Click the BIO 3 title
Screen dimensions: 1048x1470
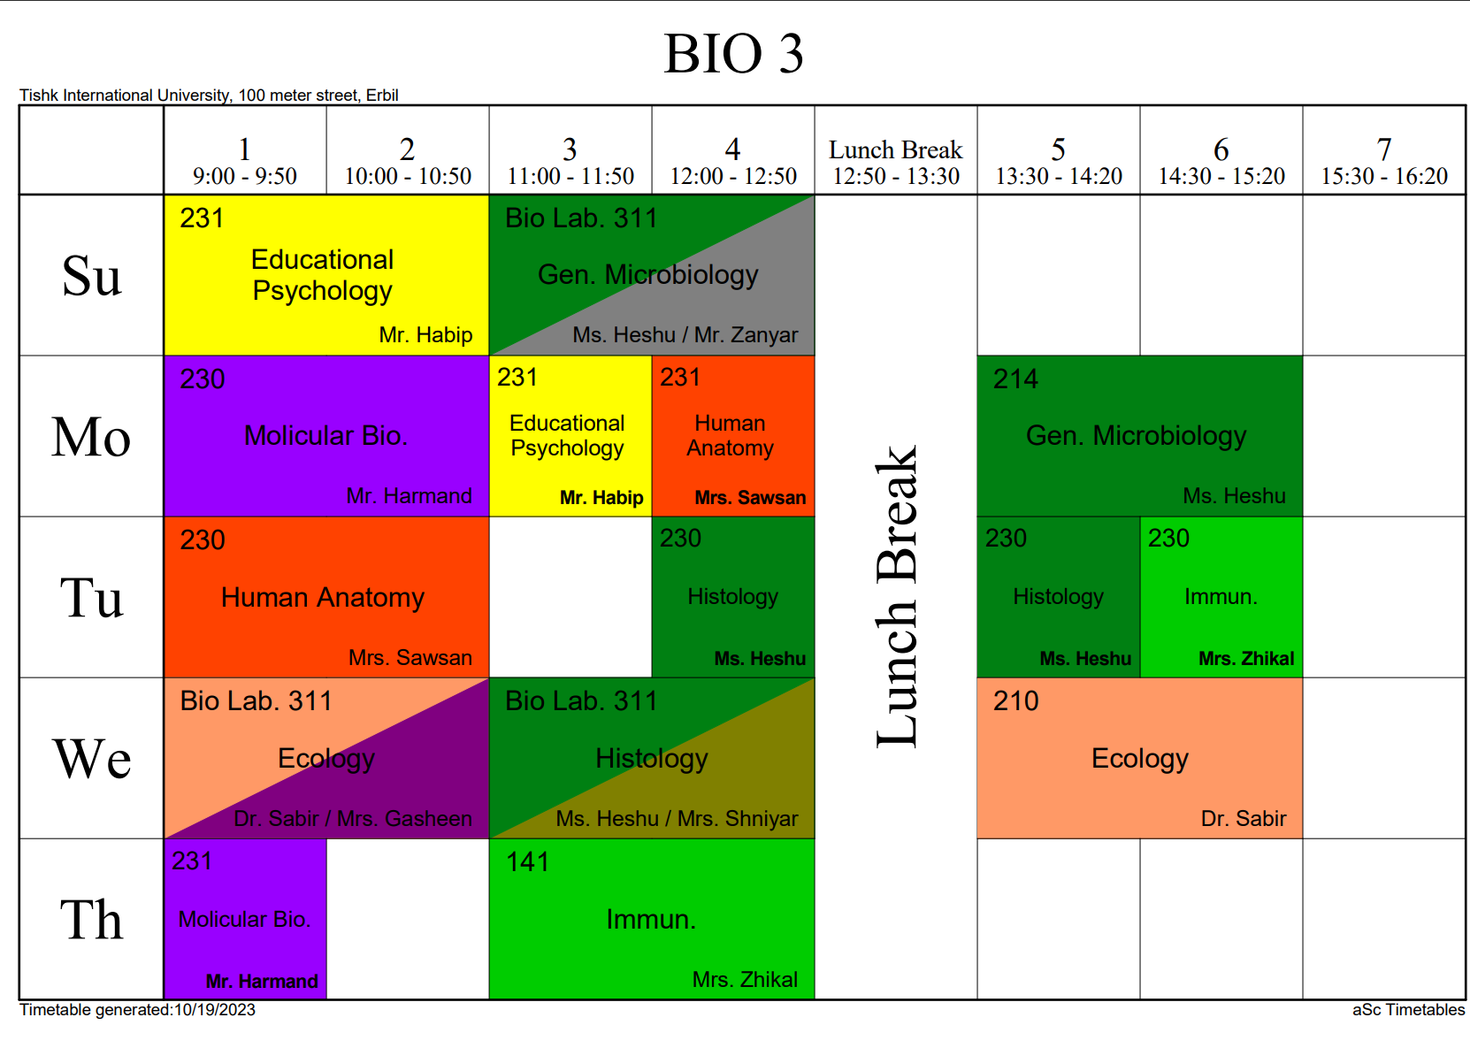tap(733, 54)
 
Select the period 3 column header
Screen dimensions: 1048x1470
tap(570, 161)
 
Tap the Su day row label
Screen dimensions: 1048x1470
tap(91, 276)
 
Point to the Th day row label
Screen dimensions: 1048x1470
tap(91, 920)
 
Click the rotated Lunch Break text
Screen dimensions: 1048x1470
tap(897, 597)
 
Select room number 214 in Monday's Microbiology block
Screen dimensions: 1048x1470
tap(1015, 379)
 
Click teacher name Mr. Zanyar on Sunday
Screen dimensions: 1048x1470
tap(746, 335)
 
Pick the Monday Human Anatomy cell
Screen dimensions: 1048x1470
tap(732, 436)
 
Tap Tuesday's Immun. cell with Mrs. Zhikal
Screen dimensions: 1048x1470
tap(1221, 597)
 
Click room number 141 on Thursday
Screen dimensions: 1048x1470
tap(528, 862)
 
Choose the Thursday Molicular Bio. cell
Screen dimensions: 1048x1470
tap(245, 920)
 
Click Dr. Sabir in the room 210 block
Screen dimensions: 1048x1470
tap(1243, 819)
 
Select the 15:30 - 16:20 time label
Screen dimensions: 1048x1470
tap(1384, 177)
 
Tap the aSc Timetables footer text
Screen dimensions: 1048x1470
tap(1408, 1010)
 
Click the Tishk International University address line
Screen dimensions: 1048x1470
tap(209, 96)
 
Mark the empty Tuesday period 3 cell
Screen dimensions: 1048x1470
tap(570, 597)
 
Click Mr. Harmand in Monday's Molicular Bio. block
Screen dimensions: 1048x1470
tap(409, 496)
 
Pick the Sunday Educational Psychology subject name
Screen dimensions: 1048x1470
tap(323, 275)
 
